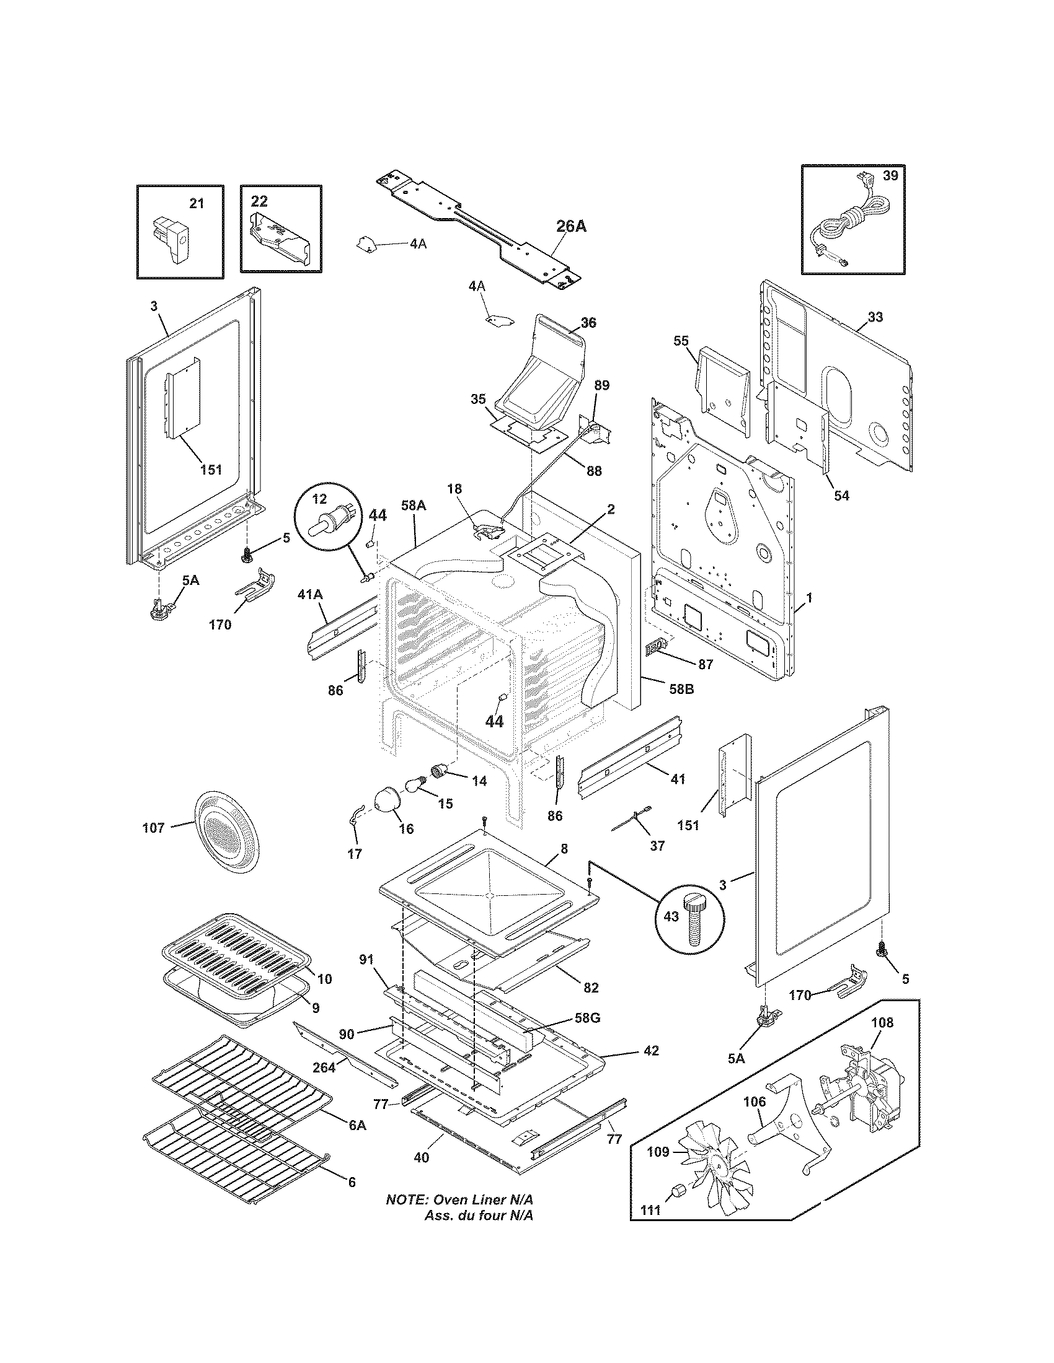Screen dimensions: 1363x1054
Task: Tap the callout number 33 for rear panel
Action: (875, 317)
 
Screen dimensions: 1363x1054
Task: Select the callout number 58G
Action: (587, 1019)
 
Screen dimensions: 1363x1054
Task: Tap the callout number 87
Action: (705, 665)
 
